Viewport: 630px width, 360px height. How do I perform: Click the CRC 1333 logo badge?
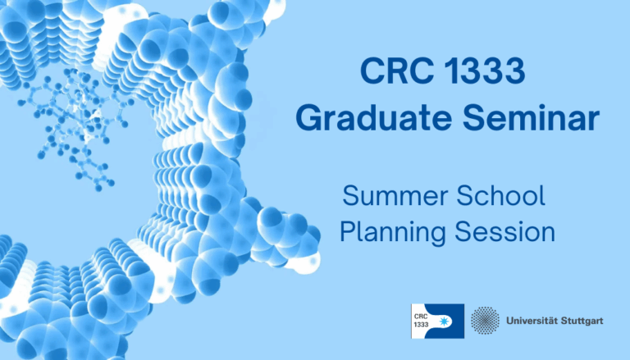point(437,321)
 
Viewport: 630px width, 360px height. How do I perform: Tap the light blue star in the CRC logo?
point(448,321)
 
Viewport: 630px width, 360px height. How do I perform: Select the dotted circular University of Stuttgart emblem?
point(485,321)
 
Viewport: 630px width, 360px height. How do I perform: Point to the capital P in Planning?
point(348,233)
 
